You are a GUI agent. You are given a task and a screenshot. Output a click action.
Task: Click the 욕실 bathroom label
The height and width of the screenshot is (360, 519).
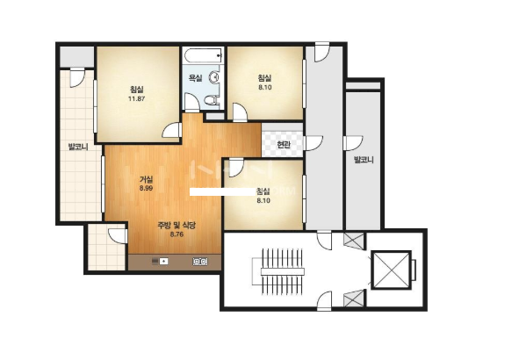[x=195, y=78]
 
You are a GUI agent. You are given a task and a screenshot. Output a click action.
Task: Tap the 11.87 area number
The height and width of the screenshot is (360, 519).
[x=136, y=98]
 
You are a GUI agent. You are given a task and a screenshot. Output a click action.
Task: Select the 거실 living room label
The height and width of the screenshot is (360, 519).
[x=146, y=180]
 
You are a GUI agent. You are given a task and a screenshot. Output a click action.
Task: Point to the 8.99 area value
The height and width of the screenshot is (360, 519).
[x=146, y=188]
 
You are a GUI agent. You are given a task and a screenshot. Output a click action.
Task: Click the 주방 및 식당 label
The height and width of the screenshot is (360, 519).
[x=177, y=226]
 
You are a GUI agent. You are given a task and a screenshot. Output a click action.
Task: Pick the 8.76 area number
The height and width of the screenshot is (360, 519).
[x=177, y=234]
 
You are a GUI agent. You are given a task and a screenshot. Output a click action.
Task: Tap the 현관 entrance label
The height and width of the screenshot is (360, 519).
[x=284, y=145]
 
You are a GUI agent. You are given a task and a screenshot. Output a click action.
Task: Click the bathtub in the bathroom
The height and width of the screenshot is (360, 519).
[x=203, y=55]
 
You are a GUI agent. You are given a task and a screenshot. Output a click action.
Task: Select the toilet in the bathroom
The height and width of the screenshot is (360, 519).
[x=211, y=99]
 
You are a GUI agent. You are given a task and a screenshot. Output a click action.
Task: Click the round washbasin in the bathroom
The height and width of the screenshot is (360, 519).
[x=214, y=77]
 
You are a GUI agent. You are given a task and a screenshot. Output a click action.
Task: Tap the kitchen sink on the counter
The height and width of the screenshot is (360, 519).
[x=160, y=262]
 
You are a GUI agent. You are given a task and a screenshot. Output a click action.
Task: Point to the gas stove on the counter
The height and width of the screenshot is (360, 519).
[x=200, y=262]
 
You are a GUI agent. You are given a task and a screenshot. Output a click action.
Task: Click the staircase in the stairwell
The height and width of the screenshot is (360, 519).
[x=278, y=271]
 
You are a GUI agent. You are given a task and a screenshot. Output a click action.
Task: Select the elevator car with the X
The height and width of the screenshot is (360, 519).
[x=392, y=270]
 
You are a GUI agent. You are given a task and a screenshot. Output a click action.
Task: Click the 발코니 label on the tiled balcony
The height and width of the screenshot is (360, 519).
[x=78, y=147]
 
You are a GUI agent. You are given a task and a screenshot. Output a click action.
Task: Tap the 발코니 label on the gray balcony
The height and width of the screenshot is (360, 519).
[x=364, y=160]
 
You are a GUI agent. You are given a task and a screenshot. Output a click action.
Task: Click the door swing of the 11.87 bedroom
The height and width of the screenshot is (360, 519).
[x=171, y=131]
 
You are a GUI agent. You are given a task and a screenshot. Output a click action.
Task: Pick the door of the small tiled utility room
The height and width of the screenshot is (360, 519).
[x=118, y=236]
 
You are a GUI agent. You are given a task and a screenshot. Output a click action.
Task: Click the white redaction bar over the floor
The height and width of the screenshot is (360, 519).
[x=222, y=191]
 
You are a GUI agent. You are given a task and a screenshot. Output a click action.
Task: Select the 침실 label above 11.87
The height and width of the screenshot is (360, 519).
[x=136, y=90]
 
